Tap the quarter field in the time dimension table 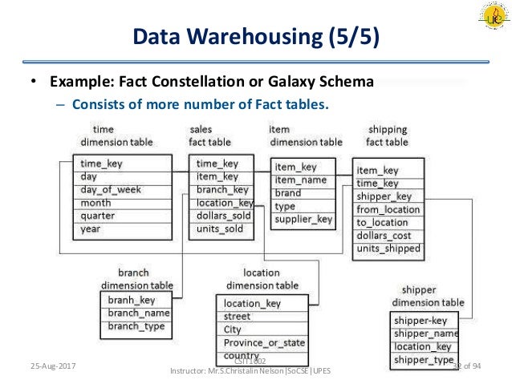[x=98, y=216]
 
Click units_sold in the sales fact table [x=220, y=229]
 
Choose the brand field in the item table [x=288, y=193]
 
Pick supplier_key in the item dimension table [x=303, y=219]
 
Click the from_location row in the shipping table [x=388, y=209]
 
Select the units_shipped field [x=388, y=249]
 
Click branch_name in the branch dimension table [x=139, y=313]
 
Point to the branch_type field [x=136, y=326]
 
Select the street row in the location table [x=238, y=317]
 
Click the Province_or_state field [x=264, y=342]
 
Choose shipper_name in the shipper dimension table [x=425, y=333]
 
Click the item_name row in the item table [x=301, y=180]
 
